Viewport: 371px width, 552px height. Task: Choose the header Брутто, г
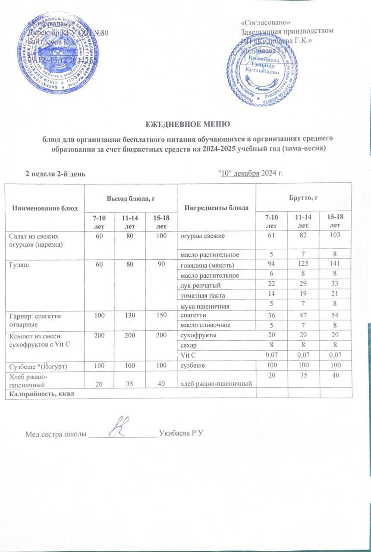click(304, 197)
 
